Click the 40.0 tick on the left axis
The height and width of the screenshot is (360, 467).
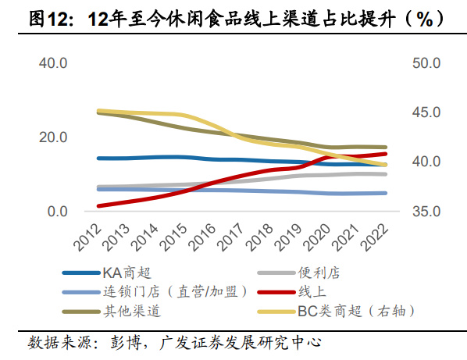coord(54,62)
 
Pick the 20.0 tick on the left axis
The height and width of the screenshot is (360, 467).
coord(54,137)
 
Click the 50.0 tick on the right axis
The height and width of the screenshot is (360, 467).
coord(426,62)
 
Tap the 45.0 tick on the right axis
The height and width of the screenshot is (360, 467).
coord(426,112)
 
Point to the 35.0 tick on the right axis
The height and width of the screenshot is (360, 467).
coord(426,212)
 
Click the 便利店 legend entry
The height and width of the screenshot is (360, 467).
coord(319,273)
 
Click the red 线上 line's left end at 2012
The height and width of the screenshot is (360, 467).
coord(98,206)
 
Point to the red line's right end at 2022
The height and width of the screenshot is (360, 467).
coord(387,154)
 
